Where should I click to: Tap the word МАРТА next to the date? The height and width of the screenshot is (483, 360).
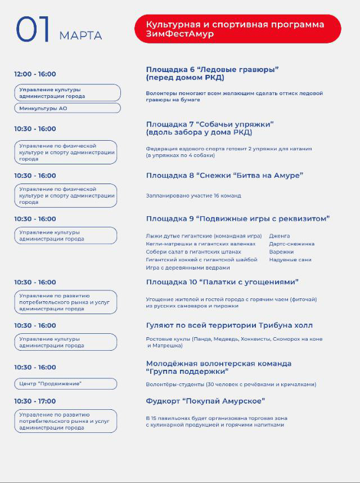(80, 36)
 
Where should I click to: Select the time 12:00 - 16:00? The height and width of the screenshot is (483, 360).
(35, 74)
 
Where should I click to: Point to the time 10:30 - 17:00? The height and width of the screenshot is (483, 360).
(35, 401)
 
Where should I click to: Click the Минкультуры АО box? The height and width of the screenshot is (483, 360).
(67, 108)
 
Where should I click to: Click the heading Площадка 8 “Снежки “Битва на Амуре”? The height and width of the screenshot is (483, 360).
(224, 175)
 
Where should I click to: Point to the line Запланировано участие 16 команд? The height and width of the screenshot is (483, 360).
(193, 196)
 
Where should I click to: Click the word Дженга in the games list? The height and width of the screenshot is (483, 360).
(280, 236)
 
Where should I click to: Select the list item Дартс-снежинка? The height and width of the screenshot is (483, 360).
(291, 244)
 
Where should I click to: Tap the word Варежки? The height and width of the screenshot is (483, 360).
(282, 252)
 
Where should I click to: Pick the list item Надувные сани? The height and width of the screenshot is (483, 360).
(290, 260)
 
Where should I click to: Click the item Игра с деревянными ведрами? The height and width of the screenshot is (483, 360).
(180, 267)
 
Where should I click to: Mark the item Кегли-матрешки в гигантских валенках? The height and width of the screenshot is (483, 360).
(200, 244)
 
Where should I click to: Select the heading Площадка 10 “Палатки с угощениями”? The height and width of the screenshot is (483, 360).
(222, 281)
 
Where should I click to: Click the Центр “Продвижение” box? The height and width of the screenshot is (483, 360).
(66, 384)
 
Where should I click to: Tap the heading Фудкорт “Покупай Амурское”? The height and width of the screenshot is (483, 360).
(205, 401)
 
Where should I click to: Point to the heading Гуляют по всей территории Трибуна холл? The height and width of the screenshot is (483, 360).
(229, 325)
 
